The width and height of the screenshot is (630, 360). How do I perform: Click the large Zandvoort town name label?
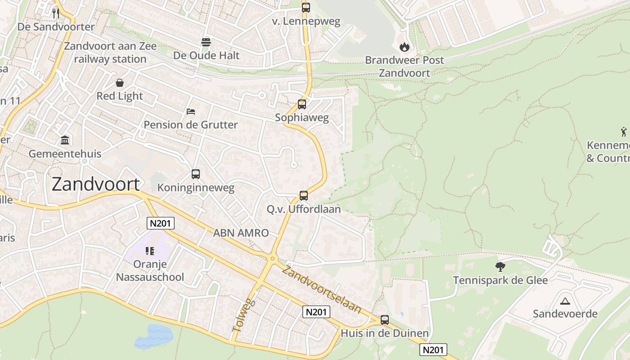pos(95,184)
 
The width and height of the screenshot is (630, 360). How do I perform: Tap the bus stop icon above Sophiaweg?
pos(302,104)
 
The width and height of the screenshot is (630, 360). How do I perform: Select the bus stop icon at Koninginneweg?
pos(196,174)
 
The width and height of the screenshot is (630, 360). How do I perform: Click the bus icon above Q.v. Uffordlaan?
pos(304,196)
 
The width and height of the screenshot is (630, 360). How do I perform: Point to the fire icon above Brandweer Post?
pos(404,47)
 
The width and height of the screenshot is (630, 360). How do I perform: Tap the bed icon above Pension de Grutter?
pos(191,111)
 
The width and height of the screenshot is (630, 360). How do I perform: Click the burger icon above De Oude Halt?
pos(206,42)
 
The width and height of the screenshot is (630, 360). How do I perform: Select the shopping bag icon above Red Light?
pos(120,83)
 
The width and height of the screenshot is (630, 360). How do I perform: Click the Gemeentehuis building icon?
pos(65,140)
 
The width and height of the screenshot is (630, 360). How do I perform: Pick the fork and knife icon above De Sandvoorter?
pos(56,13)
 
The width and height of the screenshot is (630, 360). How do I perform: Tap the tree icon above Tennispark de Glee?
pos(500,267)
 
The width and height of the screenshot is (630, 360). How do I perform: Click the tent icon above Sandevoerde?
pos(565,301)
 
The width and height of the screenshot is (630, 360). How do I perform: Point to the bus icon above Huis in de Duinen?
pos(385,320)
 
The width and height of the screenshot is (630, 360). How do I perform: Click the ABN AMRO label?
pos(241,233)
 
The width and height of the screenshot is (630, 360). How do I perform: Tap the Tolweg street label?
pos(243,315)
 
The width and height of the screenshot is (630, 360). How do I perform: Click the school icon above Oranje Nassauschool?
pos(150,251)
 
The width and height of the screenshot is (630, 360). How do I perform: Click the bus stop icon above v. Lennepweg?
pos(306,7)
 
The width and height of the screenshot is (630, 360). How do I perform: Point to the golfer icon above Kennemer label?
pos(624,132)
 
